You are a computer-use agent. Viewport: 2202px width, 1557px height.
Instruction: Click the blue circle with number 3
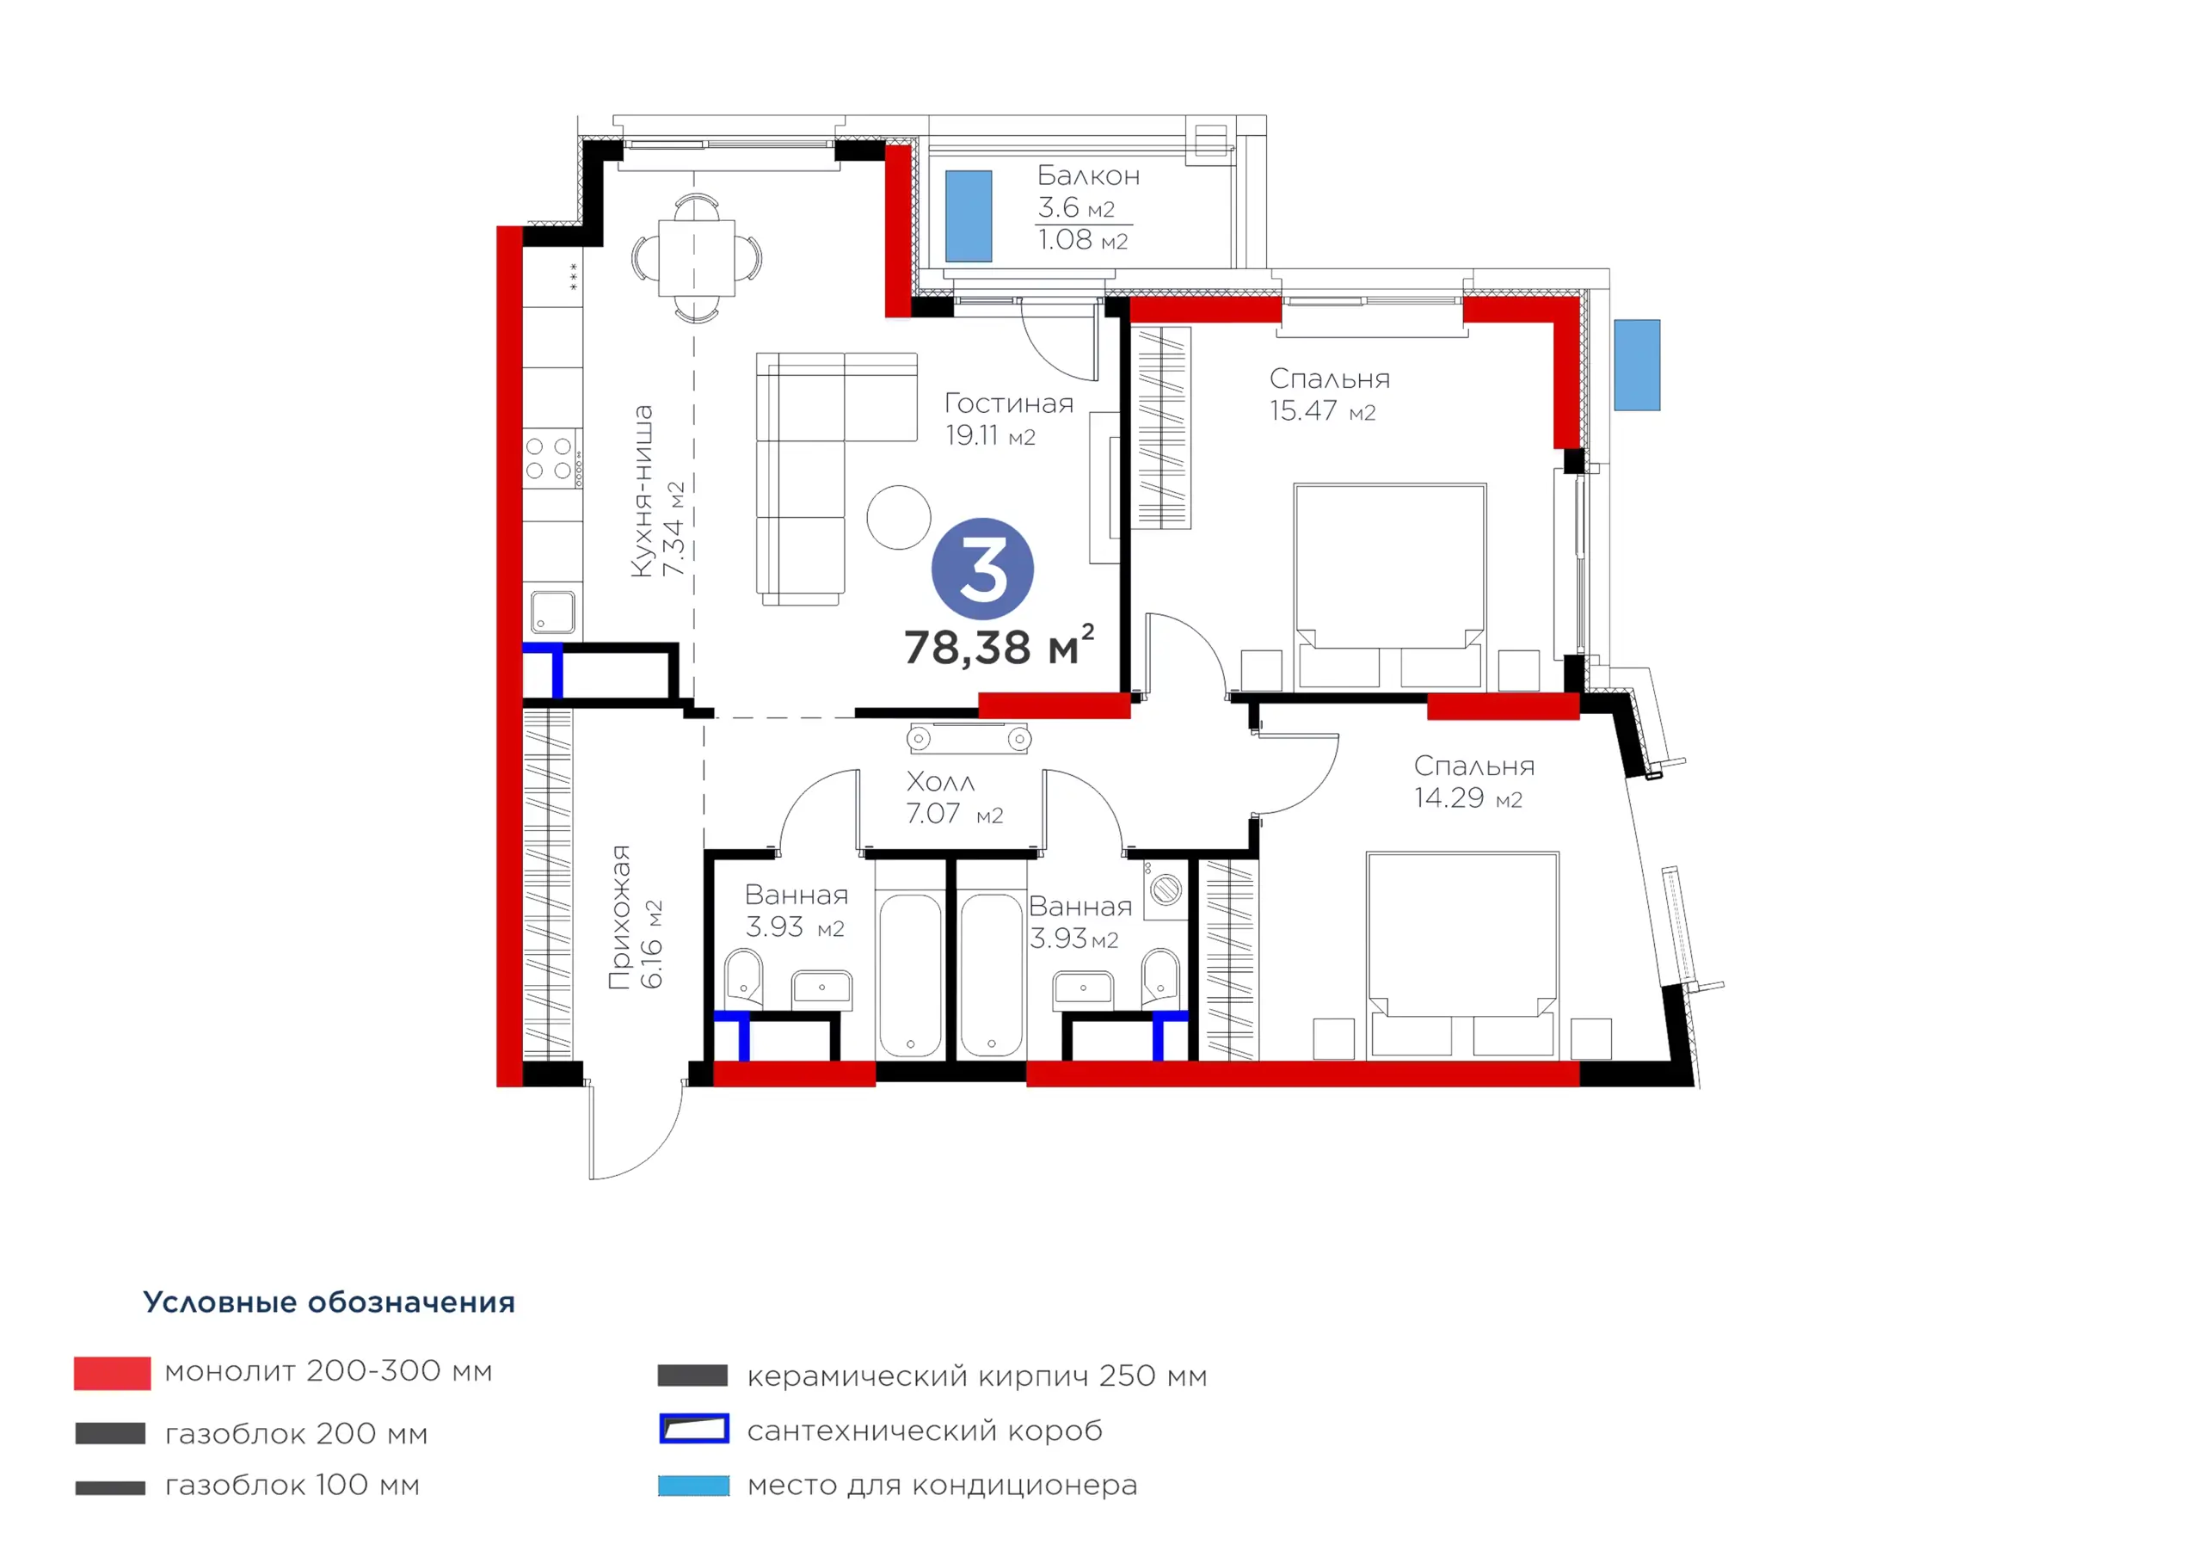click(982, 569)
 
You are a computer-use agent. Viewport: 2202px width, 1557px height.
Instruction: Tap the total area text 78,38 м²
click(999, 646)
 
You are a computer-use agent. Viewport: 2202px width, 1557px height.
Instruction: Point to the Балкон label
click(1089, 175)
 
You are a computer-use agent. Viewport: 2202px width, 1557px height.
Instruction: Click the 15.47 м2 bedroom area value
click(1323, 410)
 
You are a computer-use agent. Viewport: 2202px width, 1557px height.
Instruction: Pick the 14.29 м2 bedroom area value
click(1468, 797)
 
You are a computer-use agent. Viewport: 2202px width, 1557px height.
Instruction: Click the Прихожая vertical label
click(620, 916)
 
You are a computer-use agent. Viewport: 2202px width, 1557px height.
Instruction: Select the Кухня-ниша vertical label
click(642, 491)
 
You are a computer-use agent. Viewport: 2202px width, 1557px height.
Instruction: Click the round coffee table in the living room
click(899, 517)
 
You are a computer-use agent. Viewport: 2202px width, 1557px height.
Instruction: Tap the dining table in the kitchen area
click(696, 258)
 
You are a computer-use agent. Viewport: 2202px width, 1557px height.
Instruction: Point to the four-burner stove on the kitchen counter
click(550, 458)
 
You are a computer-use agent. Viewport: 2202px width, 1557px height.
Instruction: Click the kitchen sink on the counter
click(552, 611)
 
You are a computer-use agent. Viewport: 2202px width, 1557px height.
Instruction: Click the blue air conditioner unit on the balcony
click(969, 216)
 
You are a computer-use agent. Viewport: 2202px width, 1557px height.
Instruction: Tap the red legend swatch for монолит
click(112, 1373)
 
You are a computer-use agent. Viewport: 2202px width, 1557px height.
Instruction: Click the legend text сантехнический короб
click(925, 1431)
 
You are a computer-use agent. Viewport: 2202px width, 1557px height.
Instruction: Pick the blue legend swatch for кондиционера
click(693, 1485)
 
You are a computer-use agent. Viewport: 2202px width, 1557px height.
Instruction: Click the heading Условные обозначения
click(329, 1302)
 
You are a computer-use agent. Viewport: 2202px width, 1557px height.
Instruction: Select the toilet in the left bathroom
click(743, 976)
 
